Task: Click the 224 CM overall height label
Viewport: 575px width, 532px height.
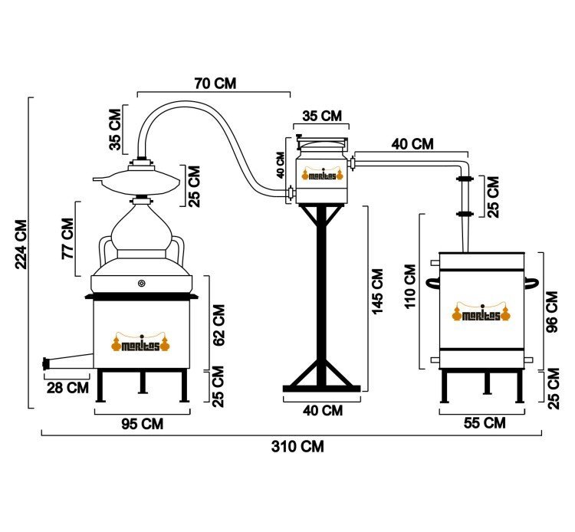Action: tap(21, 245)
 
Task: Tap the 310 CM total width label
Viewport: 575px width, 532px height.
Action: tap(297, 447)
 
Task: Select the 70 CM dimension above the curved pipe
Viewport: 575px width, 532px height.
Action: tap(215, 84)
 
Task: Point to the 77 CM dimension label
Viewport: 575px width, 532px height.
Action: tap(67, 238)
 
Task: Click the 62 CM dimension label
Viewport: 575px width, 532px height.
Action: tap(219, 325)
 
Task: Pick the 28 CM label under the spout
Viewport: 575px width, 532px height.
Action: tap(67, 388)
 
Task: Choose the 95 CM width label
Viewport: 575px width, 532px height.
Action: tap(143, 424)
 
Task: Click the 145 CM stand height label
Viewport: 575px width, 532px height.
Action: tap(377, 292)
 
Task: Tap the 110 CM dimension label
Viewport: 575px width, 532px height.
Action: tap(410, 287)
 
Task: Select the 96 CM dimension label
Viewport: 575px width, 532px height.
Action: tap(552, 312)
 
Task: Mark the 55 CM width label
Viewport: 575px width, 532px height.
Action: tap(485, 423)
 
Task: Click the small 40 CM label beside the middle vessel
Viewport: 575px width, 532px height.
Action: tap(281, 165)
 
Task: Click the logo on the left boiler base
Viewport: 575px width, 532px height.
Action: tap(141, 342)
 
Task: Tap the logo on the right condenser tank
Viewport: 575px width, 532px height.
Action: tap(481, 312)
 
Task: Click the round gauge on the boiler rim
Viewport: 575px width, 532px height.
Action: tap(142, 283)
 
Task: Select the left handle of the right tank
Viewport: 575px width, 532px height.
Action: tap(432, 283)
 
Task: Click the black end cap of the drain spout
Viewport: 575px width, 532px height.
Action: tap(46, 363)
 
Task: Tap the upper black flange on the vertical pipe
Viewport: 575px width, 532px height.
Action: tap(465, 179)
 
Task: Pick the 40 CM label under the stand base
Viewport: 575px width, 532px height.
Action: tap(323, 410)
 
